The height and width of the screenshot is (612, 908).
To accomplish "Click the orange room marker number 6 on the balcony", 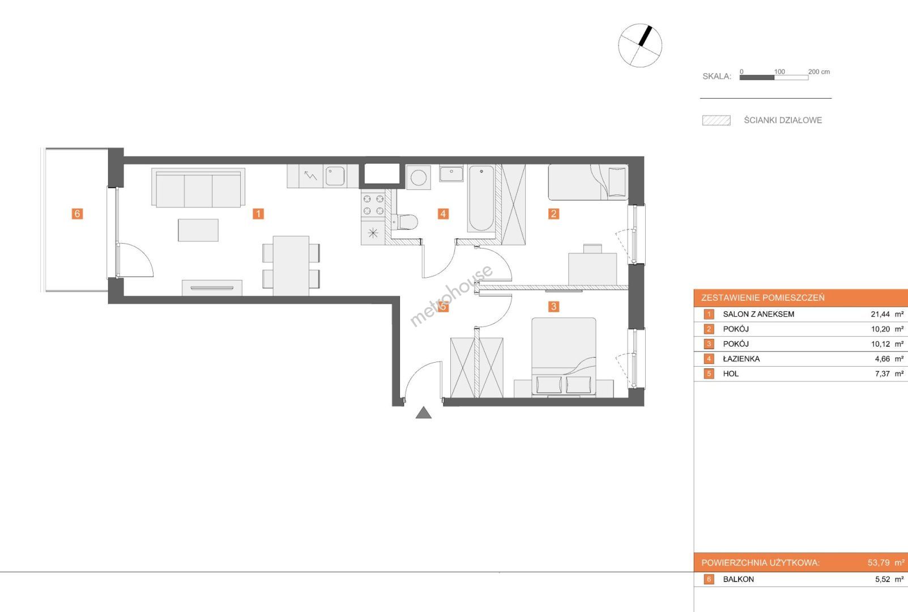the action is pos(77,213).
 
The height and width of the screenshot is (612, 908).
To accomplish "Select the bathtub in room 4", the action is pos(481,198).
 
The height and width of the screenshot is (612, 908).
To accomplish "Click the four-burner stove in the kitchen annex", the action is pos(373,205).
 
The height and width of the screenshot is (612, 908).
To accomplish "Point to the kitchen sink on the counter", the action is pos(335,176).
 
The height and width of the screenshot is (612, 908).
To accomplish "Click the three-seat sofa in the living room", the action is pos(198,188).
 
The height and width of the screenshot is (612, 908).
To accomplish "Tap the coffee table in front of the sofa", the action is pos(198,230).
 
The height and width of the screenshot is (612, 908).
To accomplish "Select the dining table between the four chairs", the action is pos(291,266).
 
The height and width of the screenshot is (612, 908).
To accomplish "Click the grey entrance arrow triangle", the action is pos(424,413).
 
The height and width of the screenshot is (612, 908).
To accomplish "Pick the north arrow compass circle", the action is pos(640,45).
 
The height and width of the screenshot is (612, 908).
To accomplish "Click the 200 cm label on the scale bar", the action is pos(819,72).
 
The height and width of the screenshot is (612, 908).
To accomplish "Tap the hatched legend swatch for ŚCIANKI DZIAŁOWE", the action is pos(717,120).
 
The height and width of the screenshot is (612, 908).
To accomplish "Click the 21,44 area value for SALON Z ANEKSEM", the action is pos(880,314).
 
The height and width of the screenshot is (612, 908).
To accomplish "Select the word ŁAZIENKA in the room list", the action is pos(741,359).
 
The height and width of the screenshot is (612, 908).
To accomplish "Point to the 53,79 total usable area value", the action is pos(879,563).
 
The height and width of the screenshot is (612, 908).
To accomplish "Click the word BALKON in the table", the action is pos(739,579).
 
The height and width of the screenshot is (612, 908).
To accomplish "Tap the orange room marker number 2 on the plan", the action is pos(554,213).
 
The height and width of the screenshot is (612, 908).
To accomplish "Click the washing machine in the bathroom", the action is pos(419,177).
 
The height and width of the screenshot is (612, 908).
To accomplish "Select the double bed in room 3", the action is pos(564,358).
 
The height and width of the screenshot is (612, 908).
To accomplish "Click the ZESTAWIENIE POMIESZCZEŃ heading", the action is pos(763,297).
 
